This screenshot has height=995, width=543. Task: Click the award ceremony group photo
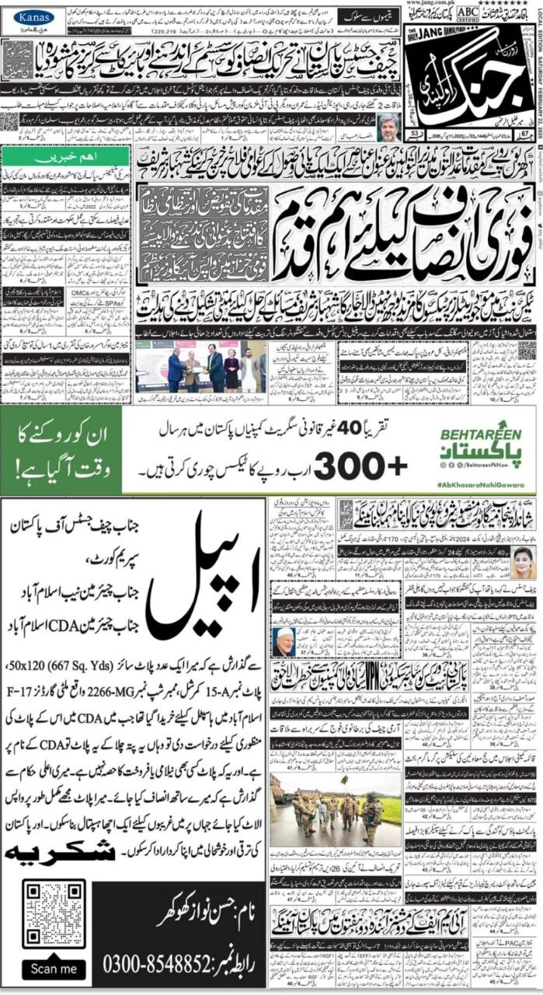pyautogui.click(x=200, y=366)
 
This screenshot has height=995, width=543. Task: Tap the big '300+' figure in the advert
pyautogui.click(x=360, y=466)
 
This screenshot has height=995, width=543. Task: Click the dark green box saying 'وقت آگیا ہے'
pyautogui.click(x=61, y=452)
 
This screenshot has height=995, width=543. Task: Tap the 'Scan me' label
pyautogui.click(x=54, y=969)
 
